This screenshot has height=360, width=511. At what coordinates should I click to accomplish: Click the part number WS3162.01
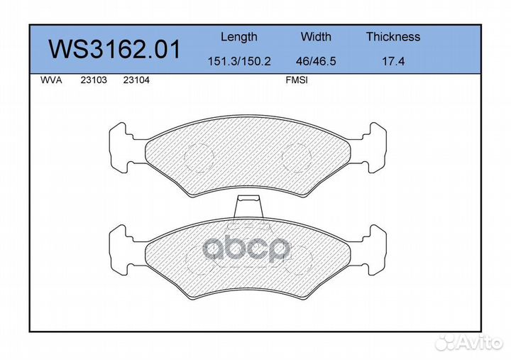114,49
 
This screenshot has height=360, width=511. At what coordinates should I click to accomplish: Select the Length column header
239,37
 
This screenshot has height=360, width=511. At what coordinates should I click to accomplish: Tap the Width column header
316,36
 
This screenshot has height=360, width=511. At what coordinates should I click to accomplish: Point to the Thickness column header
393,36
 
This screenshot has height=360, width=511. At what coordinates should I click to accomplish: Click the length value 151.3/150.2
239,61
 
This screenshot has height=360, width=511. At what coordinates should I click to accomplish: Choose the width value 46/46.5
316,61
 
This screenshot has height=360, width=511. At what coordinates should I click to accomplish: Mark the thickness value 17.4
393,61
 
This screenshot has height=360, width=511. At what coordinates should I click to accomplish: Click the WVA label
51,80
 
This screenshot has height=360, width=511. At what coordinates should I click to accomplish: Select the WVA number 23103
94,80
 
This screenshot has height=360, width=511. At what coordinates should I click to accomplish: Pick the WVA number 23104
136,80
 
